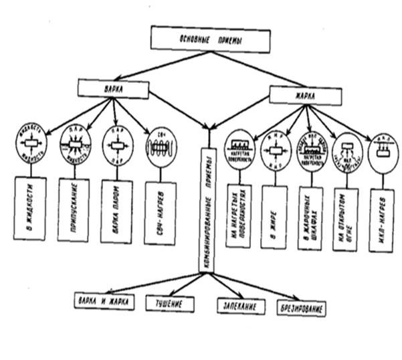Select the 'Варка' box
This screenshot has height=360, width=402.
click(x=113, y=88)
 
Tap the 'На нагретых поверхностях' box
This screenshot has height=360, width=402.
click(x=238, y=215)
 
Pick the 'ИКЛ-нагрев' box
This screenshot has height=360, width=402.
click(x=382, y=220)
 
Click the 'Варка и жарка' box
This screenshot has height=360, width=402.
click(x=104, y=302)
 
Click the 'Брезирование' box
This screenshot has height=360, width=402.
click(x=302, y=309)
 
